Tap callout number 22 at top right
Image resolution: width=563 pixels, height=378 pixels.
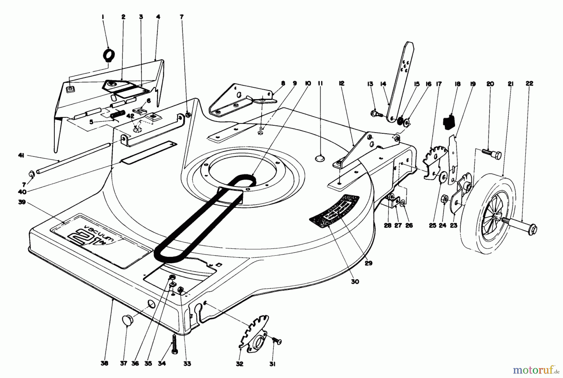click(x=530, y=83)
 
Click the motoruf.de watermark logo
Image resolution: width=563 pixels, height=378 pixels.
click(x=535, y=370)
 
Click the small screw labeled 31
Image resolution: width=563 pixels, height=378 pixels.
click(x=276, y=340)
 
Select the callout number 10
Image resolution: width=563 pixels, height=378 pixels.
click(x=308, y=83)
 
